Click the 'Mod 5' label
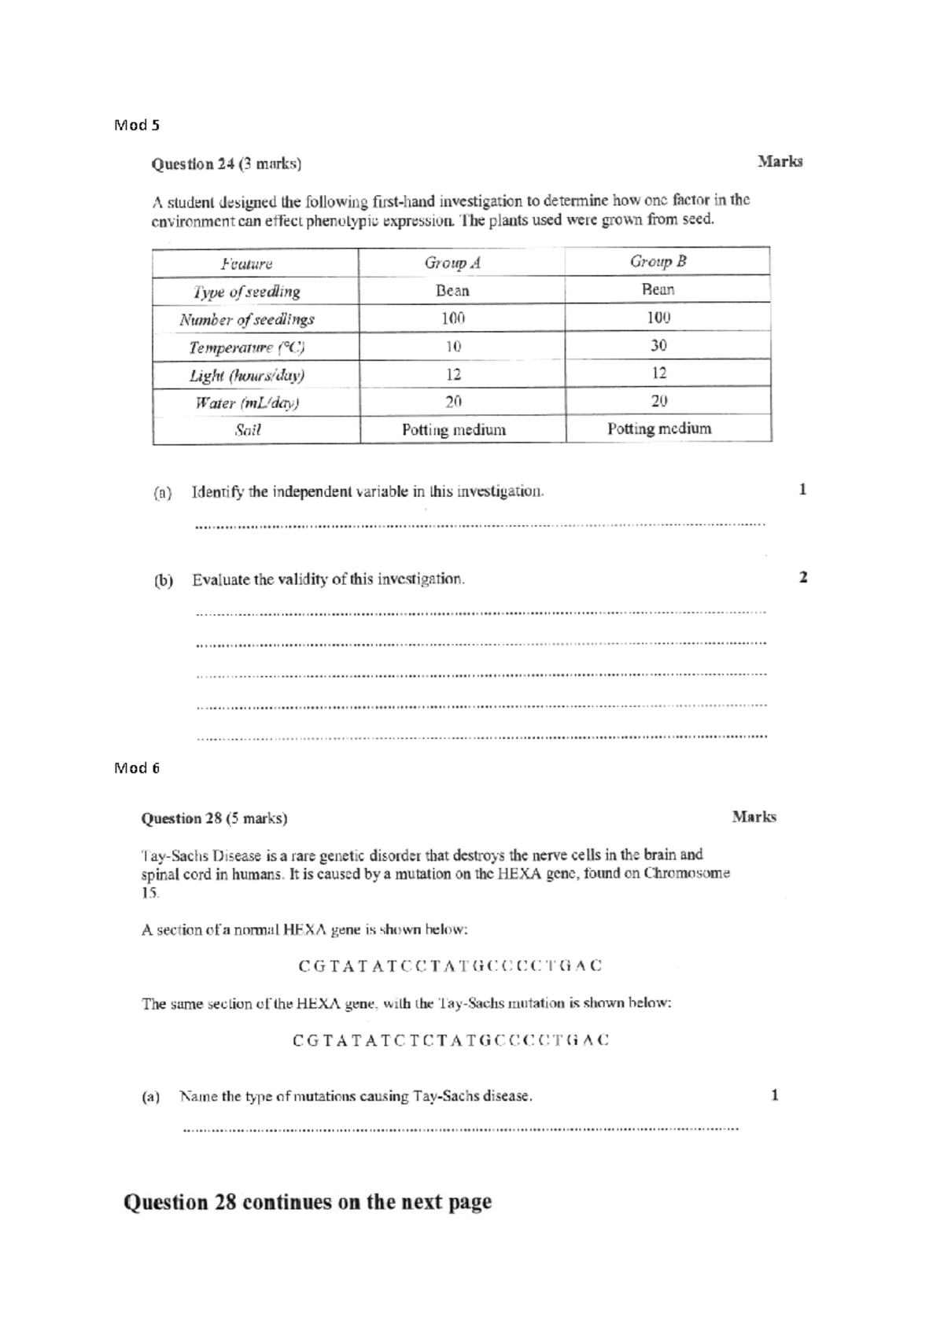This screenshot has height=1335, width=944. (137, 125)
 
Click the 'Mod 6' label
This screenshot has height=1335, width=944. (137, 768)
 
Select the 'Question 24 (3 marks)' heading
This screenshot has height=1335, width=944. (226, 164)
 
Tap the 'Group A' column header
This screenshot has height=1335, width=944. (452, 263)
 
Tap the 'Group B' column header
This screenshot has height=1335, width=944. (658, 261)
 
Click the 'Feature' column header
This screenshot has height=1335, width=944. (246, 264)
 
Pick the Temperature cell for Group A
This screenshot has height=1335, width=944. (453, 347)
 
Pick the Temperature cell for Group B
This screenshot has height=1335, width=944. (659, 345)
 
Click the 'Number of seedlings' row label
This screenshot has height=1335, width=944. (246, 319)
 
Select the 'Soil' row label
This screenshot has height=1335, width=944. (247, 430)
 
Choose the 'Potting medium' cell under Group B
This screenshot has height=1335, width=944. (659, 428)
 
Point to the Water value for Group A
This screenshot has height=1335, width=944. (453, 402)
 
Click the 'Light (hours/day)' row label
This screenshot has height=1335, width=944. (246, 375)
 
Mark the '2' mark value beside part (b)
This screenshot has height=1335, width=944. (803, 577)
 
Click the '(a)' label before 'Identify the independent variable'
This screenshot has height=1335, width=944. (162, 494)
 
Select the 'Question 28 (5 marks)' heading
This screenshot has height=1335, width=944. (214, 818)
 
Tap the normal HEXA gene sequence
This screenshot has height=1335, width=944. (450, 966)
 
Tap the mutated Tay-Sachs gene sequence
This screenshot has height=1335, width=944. (450, 1041)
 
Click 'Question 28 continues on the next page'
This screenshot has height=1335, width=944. (307, 1202)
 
